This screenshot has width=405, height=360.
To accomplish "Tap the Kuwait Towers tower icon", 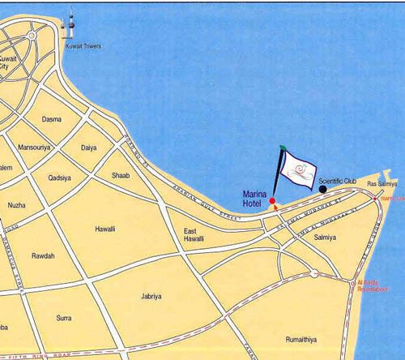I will click(x=70, y=26).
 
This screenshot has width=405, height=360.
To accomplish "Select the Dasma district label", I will click(x=51, y=119).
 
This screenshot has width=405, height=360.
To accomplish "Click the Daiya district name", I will click(x=90, y=149).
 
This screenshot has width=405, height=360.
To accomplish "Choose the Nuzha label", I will click(x=17, y=205).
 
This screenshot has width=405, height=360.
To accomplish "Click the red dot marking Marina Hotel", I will click(x=272, y=200).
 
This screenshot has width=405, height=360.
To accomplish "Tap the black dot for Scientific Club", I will click(x=322, y=189).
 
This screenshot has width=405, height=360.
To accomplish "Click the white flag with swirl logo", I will click(x=297, y=168).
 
